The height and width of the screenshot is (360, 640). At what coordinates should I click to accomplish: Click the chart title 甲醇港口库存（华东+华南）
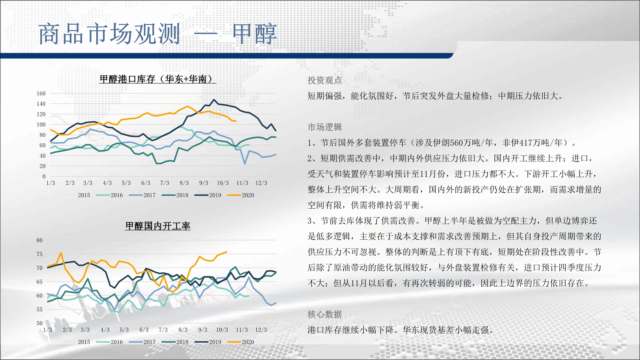[157, 79]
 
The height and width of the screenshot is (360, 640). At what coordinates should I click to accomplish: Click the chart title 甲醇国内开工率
[158, 226]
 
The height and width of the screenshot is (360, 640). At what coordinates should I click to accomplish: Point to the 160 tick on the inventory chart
[41, 93]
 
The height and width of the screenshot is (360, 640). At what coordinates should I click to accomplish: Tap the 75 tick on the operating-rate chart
[39, 254]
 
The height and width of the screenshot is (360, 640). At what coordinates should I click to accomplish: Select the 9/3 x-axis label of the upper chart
[204, 183]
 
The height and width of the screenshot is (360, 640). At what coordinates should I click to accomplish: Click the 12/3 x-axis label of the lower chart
[261, 330]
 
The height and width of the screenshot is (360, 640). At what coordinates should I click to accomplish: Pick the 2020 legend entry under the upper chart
[241, 195]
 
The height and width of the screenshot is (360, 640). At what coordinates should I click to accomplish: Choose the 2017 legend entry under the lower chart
[142, 342]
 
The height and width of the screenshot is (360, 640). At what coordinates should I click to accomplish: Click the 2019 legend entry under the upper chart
[208, 195]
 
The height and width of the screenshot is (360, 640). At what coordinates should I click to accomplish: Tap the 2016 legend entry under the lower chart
[109, 342]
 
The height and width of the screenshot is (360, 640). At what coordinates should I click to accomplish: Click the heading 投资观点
[324, 80]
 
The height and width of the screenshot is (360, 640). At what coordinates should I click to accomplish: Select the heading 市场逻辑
[324, 127]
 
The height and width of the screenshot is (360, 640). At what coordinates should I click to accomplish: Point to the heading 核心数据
[324, 314]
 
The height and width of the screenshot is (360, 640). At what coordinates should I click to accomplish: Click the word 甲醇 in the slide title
[254, 34]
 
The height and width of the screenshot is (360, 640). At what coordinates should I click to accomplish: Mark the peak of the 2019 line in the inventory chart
[214, 100]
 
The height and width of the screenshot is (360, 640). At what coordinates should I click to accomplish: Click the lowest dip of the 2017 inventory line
[245, 164]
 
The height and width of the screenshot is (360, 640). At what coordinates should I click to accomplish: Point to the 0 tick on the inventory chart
[44, 176]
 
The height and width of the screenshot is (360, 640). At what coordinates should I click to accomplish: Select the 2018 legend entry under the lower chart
[175, 342]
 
